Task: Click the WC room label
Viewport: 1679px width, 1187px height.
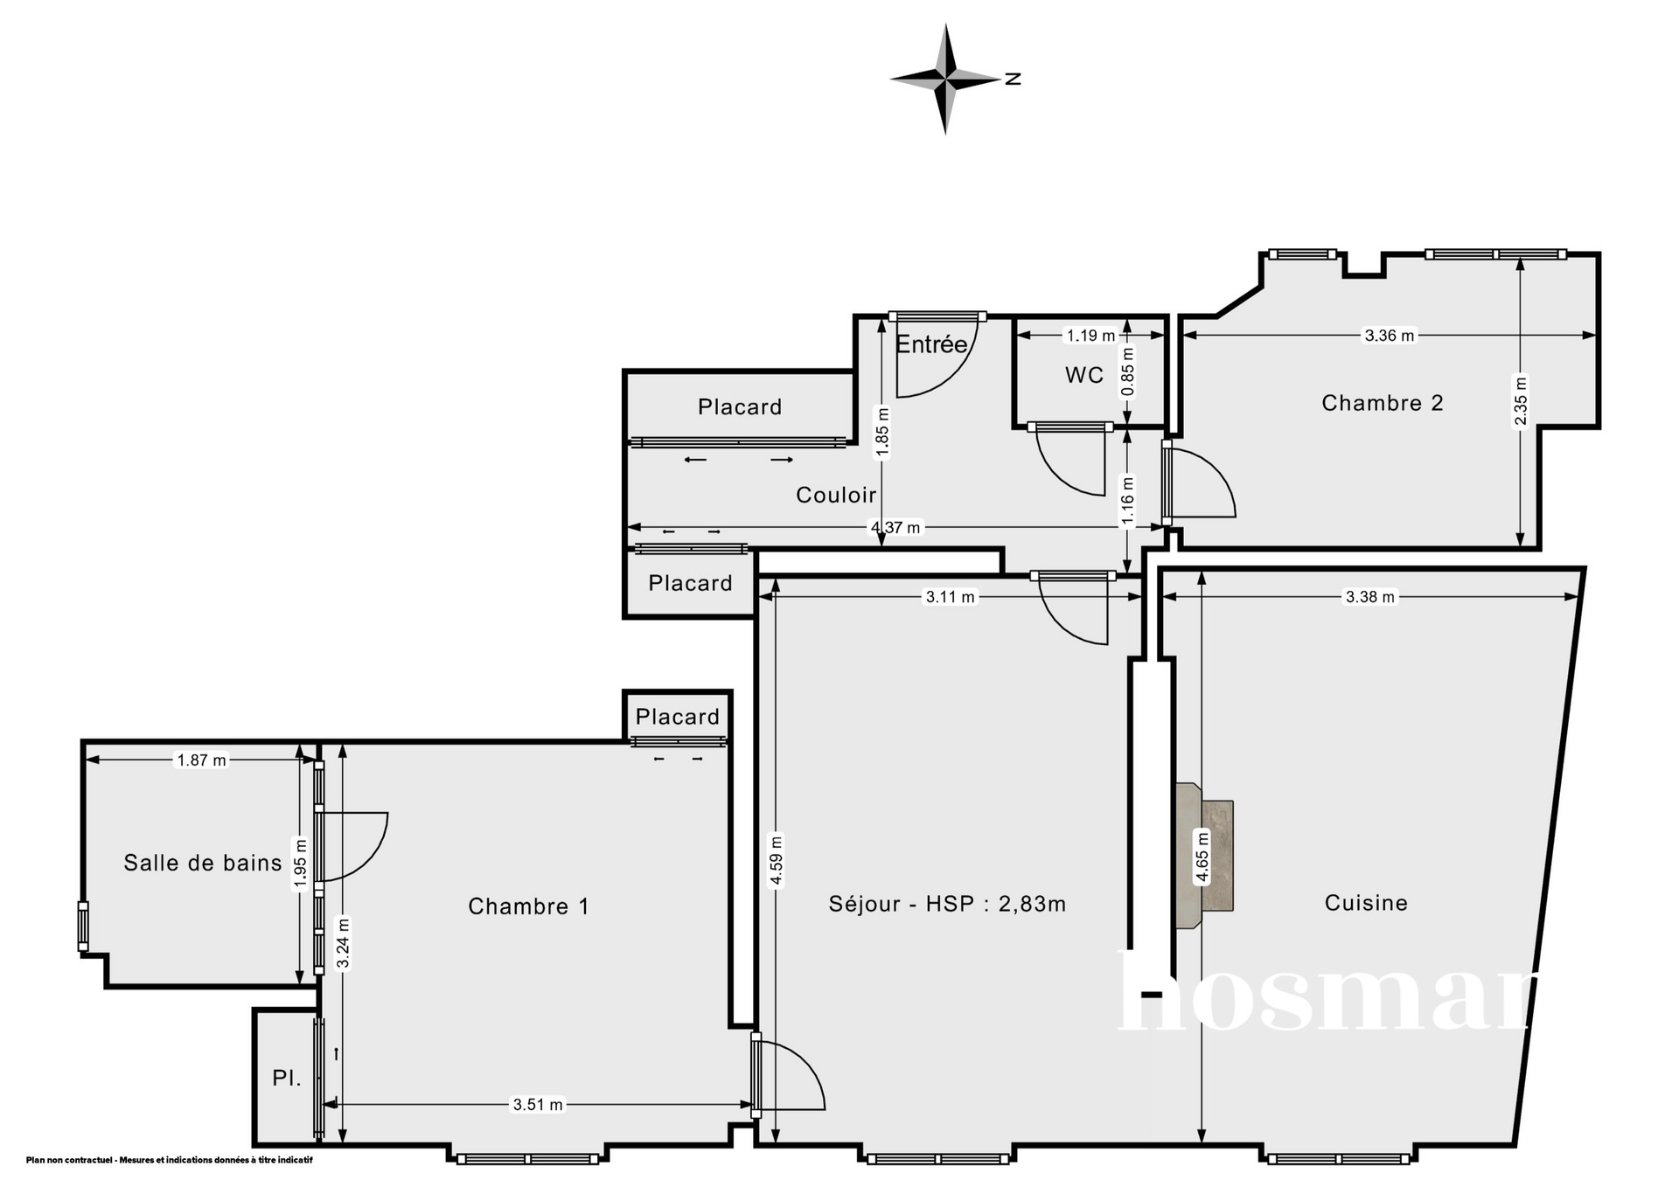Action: coord(1083,375)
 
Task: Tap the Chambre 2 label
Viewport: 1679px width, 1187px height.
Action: coord(1382,403)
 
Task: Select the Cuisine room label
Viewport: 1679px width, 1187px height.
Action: coord(1366,903)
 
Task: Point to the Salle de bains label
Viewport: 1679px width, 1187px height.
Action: coord(203,864)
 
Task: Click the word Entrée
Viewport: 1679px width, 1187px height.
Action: coord(931,344)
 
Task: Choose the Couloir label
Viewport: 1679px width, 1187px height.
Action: coord(836,495)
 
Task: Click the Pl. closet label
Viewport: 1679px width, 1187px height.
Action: coord(287,1078)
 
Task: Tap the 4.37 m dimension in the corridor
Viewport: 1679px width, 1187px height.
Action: coord(895,527)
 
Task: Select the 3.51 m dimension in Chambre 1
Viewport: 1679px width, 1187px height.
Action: coord(538,1105)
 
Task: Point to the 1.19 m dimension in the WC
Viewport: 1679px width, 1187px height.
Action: coord(1090,336)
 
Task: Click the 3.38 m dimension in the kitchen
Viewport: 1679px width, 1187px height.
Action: coord(1370,597)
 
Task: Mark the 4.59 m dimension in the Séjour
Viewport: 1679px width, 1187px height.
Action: coord(777,861)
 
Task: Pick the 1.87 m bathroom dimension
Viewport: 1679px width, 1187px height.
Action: coord(202,760)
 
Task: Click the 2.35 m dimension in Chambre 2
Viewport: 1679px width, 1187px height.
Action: coord(1521,401)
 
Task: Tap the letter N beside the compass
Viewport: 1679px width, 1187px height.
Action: coord(1013,79)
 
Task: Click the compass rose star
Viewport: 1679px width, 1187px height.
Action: coord(945,80)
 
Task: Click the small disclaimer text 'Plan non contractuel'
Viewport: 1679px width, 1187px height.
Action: coord(70,1161)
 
